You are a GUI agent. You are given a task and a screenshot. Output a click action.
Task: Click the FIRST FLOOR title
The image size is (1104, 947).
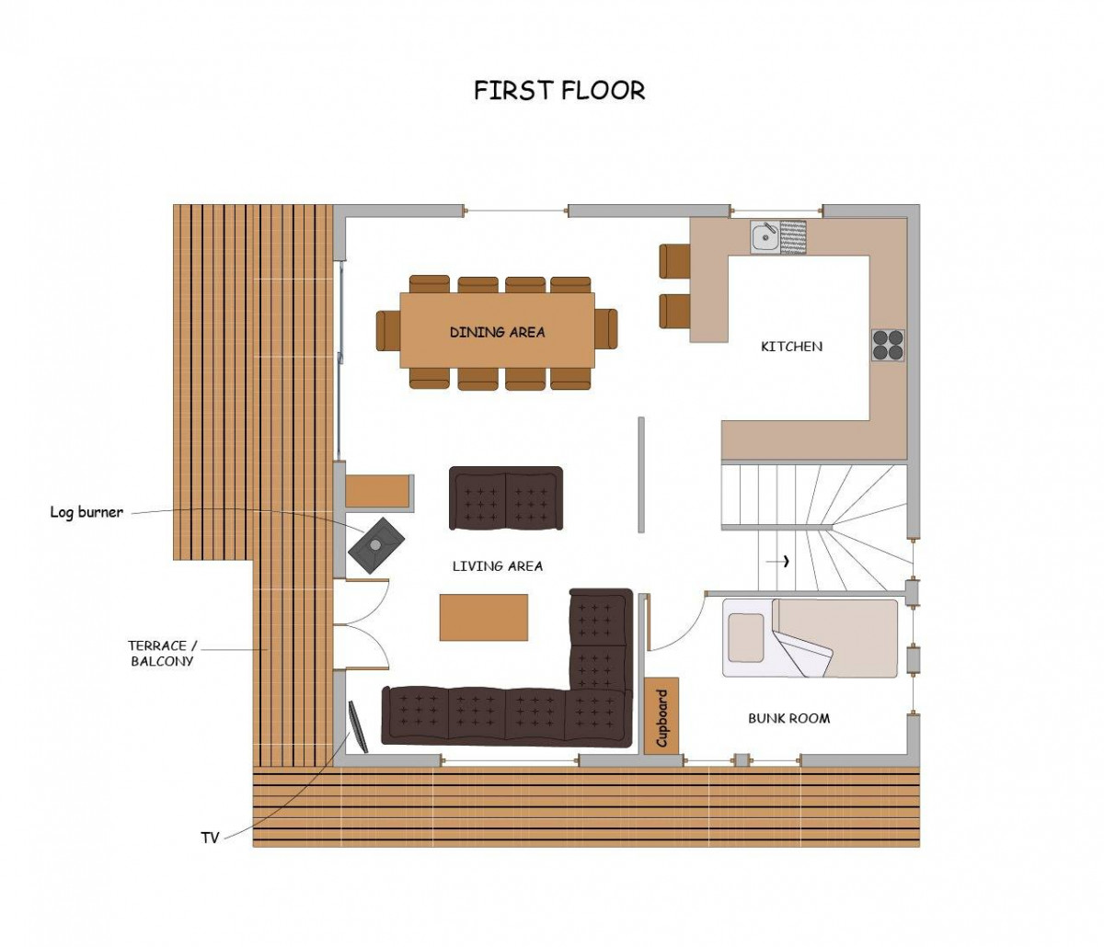pos(559,90)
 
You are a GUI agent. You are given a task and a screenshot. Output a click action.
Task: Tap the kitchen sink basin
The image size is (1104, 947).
pos(765,237)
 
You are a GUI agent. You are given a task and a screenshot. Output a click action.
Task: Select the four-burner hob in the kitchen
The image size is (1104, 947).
pos(888,345)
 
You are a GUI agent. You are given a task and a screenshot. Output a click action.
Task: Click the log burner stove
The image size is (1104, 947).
pos(376,545)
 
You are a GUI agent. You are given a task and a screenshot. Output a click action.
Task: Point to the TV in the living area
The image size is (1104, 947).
pos(358,726)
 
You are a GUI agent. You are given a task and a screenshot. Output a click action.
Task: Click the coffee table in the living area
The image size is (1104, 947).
pos(483,617)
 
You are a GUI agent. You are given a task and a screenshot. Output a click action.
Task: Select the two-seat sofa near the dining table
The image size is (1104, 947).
pos(506,498)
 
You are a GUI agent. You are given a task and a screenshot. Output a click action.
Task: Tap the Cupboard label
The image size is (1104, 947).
pos(661,718)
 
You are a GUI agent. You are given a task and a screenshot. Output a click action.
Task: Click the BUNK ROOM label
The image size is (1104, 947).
pos(788,718)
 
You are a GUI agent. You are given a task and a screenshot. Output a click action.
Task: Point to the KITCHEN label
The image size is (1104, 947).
pos(791,347)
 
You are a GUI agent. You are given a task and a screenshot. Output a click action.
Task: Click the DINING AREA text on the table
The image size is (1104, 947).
pos(497,332)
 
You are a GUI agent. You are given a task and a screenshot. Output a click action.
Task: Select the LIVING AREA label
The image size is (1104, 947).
pos(497,565)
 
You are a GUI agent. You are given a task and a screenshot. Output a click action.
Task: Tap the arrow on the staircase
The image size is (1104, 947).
pos(777,561)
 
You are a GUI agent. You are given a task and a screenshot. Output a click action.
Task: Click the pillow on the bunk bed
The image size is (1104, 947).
pos(747,637)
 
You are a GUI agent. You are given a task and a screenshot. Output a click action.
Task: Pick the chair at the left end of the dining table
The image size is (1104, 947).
pos(388,331)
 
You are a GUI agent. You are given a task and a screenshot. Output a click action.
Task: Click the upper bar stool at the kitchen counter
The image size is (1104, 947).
pos(674,261)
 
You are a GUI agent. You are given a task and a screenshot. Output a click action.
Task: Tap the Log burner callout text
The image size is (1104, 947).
pos(86,512)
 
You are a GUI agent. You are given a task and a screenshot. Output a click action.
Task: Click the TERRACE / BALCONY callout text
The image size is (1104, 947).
pos(162,654)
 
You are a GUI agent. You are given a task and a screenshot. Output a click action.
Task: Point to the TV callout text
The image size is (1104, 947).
pos(210,838)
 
